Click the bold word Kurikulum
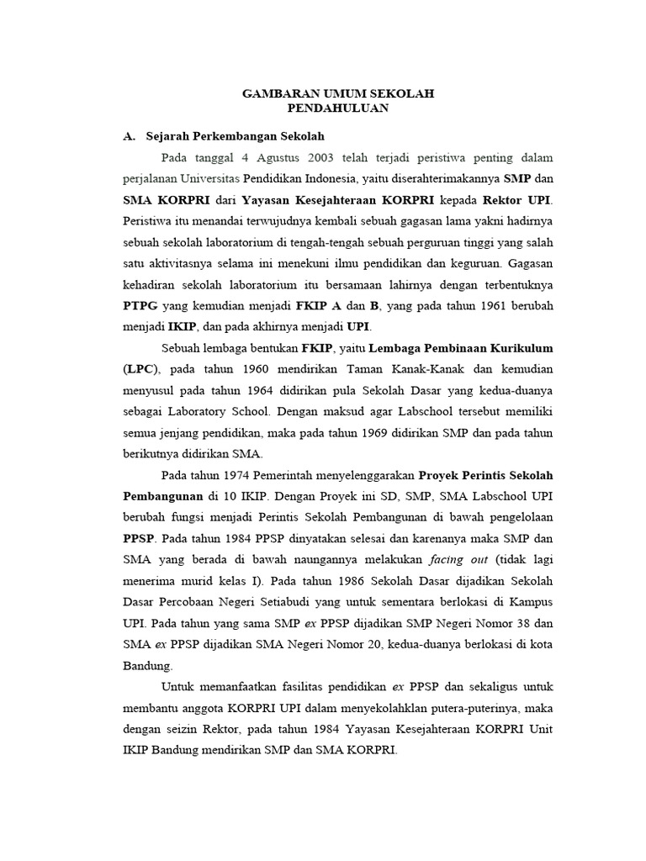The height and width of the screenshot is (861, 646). [x=493, y=347]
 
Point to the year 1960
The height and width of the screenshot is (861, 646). [x=254, y=368]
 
